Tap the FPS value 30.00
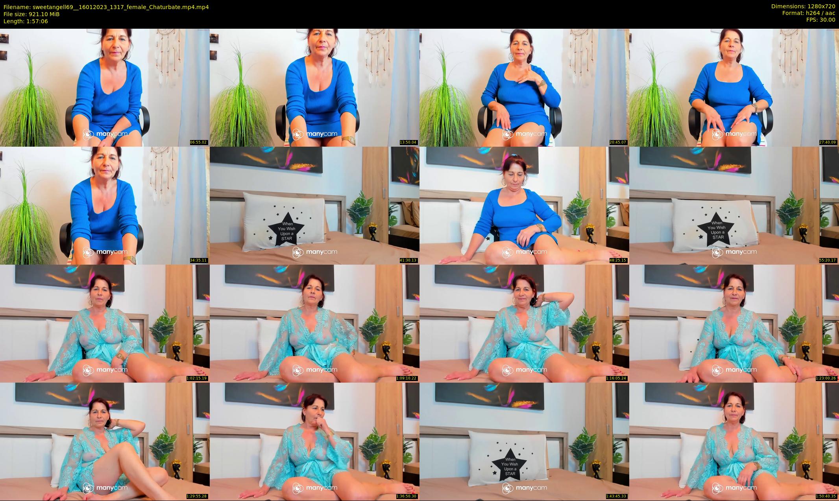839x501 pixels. coord(826,20)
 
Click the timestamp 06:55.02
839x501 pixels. coord(198,142)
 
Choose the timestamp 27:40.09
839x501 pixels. coord(828,142)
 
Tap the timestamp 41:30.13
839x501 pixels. coord(408,260)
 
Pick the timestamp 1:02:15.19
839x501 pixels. coord(197,378)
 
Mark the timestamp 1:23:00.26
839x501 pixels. coord(826,378)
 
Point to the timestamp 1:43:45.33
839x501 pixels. coord(616,496)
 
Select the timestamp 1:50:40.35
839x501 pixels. coord(826,496)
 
